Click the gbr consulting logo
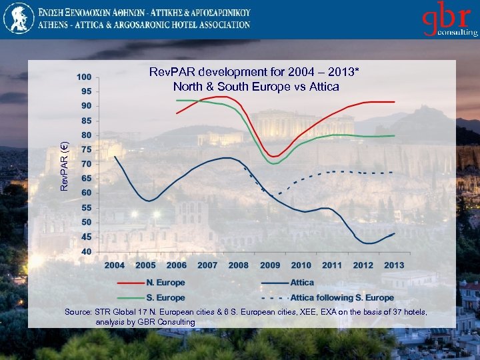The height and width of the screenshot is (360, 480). [x=448, y=21]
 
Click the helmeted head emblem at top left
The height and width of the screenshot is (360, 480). [x=17, y=18]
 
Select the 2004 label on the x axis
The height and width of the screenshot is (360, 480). [x=114, y=265]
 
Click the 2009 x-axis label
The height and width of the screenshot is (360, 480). [x=269, y=265]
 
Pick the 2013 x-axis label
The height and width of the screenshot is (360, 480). [x=394, y=265]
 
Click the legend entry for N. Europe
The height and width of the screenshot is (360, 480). [x=167, y=283]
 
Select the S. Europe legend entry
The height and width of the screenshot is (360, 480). [x=167, y=298]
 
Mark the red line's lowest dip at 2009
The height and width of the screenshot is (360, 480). [x=274, y=157]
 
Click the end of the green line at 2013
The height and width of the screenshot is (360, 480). [x=394, y=136]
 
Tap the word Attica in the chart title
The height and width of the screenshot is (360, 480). [x=323, y=87]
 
